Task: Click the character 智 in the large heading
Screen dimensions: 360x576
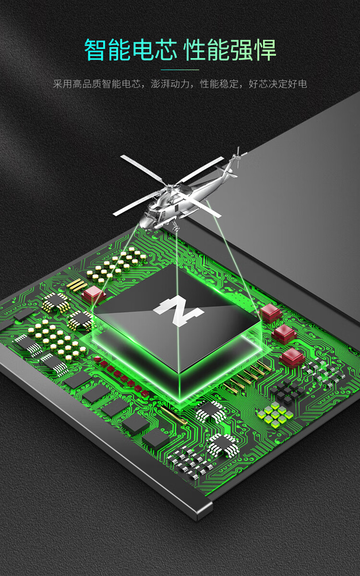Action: pyautogui.click(x=96, y=50)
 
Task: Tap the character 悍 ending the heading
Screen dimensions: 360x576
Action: pyautogui.click(x=265, y=50)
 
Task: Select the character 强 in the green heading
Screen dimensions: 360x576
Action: pyautogui.click(x=240, y=50)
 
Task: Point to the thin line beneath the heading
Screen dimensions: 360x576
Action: pyautogui.click(x=180, y=70)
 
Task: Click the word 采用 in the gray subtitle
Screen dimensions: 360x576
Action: pyautogui.click(x=62, y=84)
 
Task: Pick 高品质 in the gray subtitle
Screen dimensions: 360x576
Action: pyautogui.click(x=87, y=84)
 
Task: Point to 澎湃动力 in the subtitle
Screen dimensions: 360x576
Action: pyautogui.click(x=170, y=84)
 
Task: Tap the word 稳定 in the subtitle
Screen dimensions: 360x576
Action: pyautogui.click(x=229, y=84)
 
